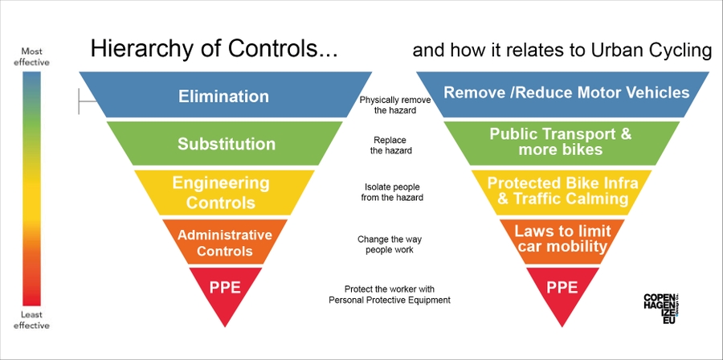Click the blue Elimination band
tap(223, 96)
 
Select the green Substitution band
tap(227, 145)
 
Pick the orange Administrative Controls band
tap(225, 243)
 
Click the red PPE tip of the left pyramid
tap(225, 287)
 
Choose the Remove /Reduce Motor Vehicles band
tap(566, 92)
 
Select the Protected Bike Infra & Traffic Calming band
tap(562, 190)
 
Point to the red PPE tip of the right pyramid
tap(562, 287)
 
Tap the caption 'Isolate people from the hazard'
tap(394, 192)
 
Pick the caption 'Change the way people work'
tap(390, 244)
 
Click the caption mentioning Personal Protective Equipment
tap(390, 295)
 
